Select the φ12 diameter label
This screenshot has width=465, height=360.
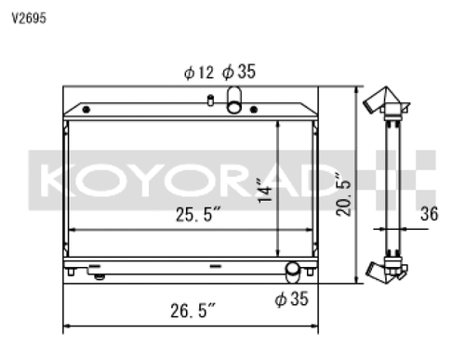click(x=198, y=71)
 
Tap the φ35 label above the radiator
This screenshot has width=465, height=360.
click(x=242, y=71)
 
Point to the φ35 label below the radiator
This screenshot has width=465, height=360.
click(x=292, y=299)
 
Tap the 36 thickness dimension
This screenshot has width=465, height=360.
click(x=429, y=214)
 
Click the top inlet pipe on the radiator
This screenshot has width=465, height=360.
click(x=233, y=97)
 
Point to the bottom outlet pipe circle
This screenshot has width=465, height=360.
click(x=293, y=271)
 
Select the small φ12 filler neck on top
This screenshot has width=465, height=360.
click(x=212, y=100)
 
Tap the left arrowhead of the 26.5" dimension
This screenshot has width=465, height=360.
click(x=66, y=327)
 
